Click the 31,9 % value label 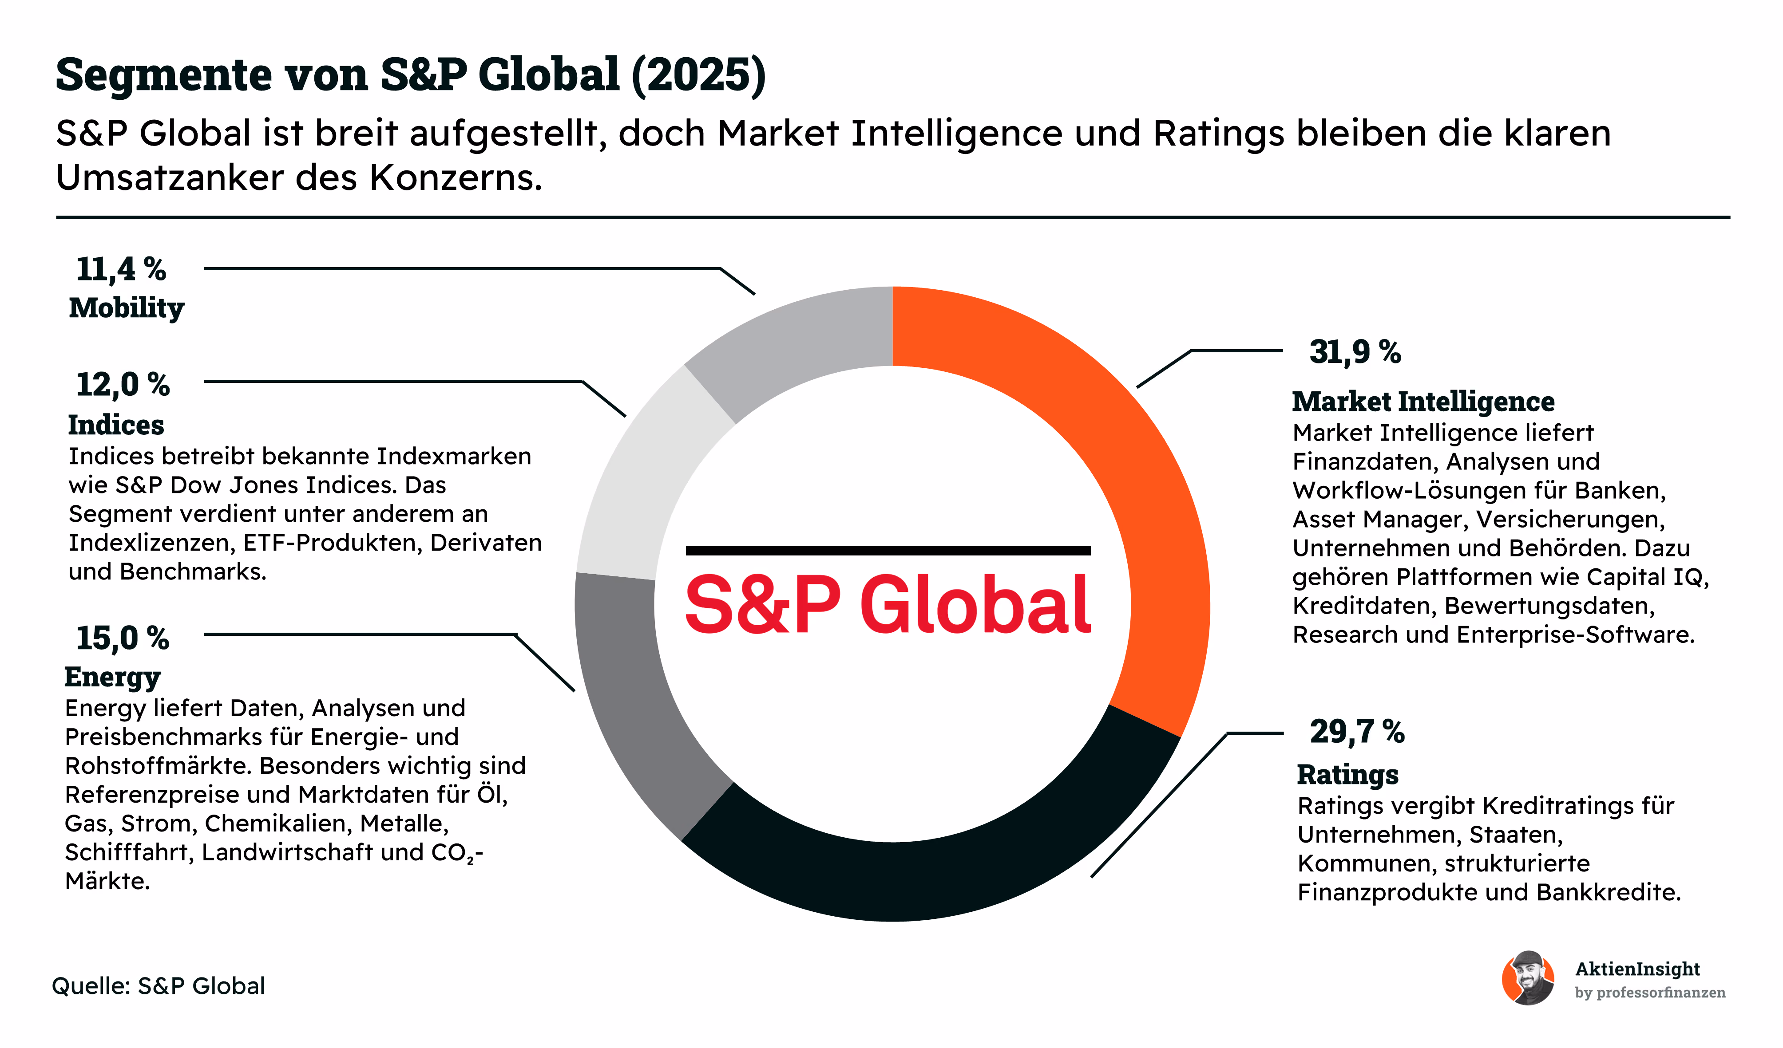[x=1355, y=352]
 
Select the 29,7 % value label [x=1357, y=732]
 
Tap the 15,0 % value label [x=123, y=638]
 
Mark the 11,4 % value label [x=121, y=269]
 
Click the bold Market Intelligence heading [x=1423, y=402]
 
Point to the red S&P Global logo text [x=888, y=604]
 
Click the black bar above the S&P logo [x=888, y=550]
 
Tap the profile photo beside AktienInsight [x=1528, y=978]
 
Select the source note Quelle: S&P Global [x=158, y=986]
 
